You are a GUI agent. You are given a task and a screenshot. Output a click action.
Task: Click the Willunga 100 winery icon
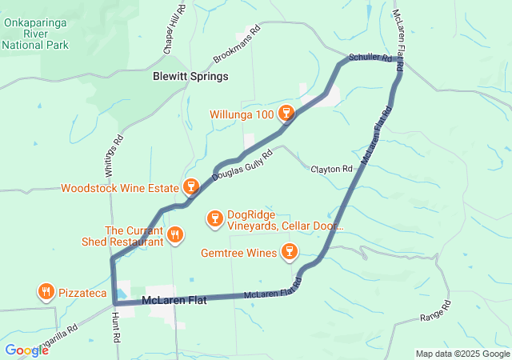pyautogui.click(x=286, y=113)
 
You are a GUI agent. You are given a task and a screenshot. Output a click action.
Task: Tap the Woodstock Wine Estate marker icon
pyautogui.click(x=190, y=187)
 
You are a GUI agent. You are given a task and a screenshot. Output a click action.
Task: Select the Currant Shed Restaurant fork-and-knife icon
pyautogui.click(x=175, y=234)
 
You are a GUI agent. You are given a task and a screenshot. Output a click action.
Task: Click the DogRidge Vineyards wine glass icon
pyautogui.click(x=214, y=218)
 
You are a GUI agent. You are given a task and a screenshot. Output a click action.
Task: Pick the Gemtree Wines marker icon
pyautogui.click(x=290, y=253)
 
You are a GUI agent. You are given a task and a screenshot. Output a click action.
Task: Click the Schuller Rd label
pyautogui.click(x=370, y=58)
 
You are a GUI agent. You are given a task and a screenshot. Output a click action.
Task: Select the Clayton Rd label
pyautogui.click(x=331, y=170)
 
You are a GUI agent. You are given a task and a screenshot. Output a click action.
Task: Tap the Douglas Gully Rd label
pyautogui.click(x=242, y=164)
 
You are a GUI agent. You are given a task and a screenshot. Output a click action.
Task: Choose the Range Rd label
pyautogui.click(x=435, y=313)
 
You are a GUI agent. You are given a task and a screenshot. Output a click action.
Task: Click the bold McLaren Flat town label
pyautogui.click(x=174, y=301)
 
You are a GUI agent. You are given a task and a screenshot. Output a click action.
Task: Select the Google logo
pyautogui.click(x=26, y=350)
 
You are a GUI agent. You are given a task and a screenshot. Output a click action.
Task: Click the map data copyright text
pyautogui.click(x=462, y=354)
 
